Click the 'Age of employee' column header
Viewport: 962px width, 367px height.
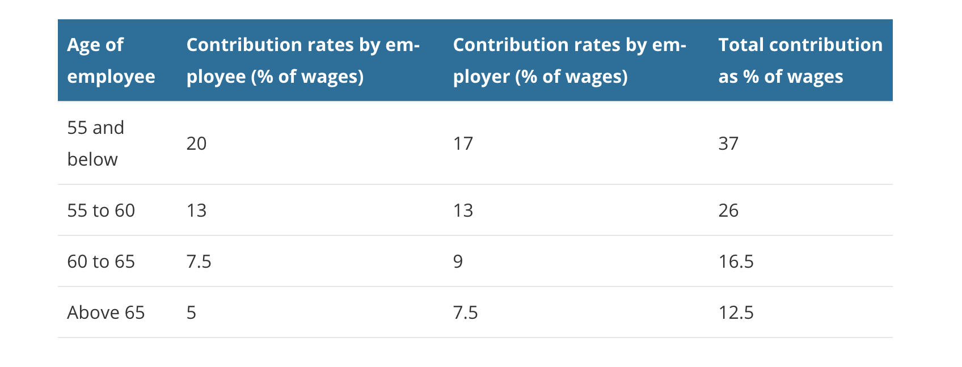[x=111, y=61]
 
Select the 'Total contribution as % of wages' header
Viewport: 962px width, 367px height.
[x=800, y=61]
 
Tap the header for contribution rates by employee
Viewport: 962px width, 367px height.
[x=302, y=61]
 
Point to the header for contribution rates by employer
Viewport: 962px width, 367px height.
[x=569, y=61]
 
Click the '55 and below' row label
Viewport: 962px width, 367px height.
[x=95, y=144]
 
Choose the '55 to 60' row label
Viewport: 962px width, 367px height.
[x=101, y=210]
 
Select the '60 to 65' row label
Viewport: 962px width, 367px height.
[x=101, y=261]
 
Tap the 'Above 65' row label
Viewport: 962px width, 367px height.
[x=106, y=313]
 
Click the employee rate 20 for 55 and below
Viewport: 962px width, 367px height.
[x=196, y=144]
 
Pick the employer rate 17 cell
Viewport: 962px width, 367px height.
[x=463, y=144]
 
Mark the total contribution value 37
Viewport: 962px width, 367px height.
[x=728, y=144]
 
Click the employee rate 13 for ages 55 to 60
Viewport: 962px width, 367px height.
[x=196, y=210]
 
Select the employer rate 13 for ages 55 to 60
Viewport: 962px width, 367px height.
[x=463, y=210]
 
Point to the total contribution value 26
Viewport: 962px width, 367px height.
[x=728, y=210]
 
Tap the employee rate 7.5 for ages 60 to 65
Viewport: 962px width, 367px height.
[x=199, y=261]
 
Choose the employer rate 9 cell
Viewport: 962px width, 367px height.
[x=458, y=261]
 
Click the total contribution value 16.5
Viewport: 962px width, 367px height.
[x=736, y=261]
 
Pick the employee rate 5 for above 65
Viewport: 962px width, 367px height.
[x=191, y=313]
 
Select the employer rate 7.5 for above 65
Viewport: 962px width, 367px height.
[x=465, y=313]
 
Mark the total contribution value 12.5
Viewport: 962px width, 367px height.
[x=736, y=313]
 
